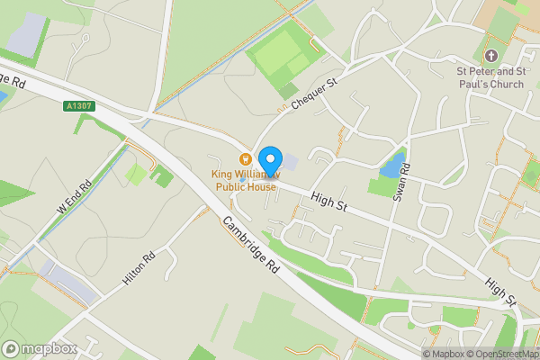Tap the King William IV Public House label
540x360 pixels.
(246, 180)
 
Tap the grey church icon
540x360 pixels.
(490, 42)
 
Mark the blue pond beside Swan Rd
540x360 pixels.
(391, 164)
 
